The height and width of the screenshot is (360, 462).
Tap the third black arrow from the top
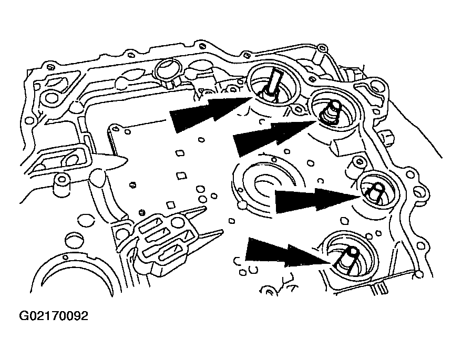pos(315,200)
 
